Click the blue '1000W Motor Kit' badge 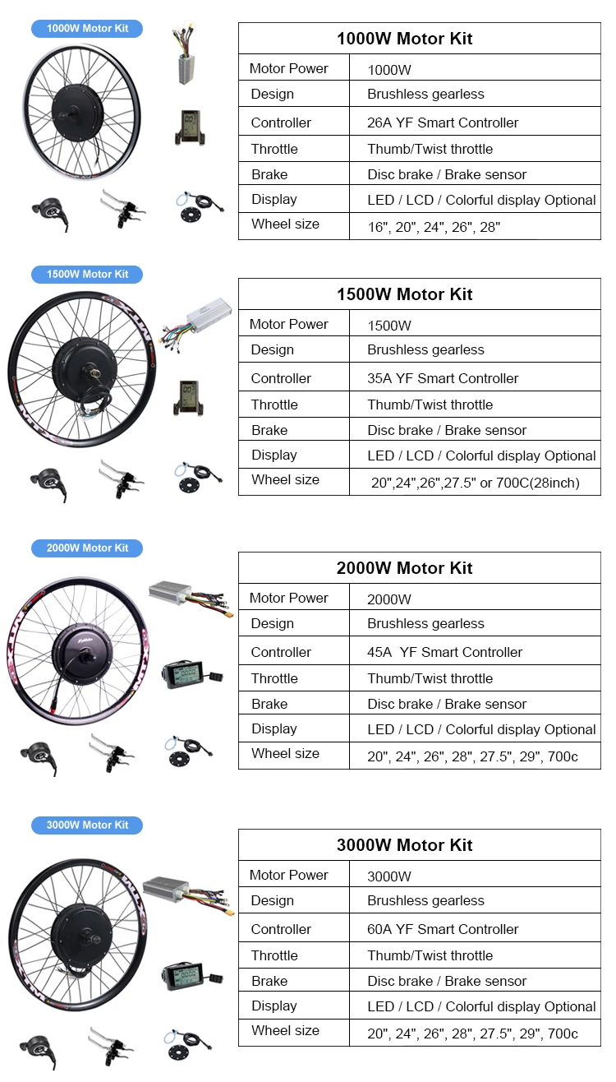tap(87, 29)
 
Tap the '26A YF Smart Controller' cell tap(443, 123)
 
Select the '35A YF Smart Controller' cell tap(443, 378)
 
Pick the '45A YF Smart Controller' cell tap(444, 652)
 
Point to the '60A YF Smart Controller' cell tap(443, 929)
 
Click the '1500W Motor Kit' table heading tap(404, 294)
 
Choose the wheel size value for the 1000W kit tap(433, 227)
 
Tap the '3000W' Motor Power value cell tap(389, 876)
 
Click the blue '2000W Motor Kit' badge tap(87, 548)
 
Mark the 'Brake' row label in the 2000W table tap(269, 704)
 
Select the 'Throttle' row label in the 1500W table tap(274, 405)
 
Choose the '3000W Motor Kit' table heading tap(404, 845)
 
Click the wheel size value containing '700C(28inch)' tap(475, 483)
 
